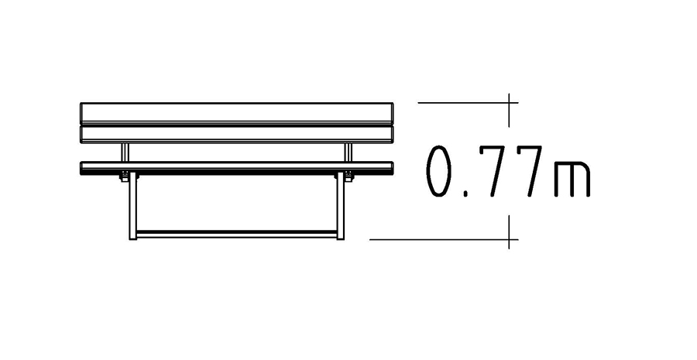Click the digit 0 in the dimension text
(439, 171)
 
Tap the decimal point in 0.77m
(465, 194)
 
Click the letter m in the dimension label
(572, 178)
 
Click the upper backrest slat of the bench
(236, 113)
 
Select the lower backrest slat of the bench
(236, 134)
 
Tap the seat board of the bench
(236, 168)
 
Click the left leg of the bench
(133, 206)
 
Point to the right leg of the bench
(341, 206)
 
